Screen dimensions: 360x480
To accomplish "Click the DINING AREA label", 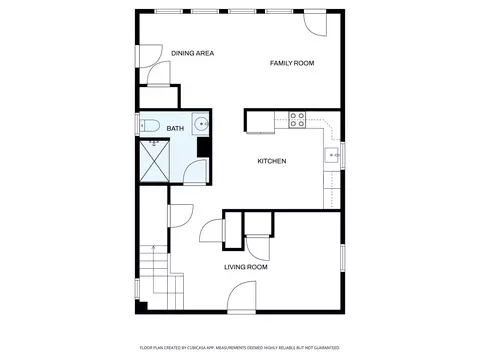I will [193, 53].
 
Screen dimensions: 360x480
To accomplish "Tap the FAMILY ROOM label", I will [292, 63].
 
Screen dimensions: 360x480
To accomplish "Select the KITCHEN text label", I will [272, 161].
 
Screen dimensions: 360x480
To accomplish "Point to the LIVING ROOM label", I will [245, 267].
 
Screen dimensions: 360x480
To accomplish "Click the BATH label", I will [175, 128].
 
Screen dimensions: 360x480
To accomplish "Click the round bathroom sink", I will [201, 125].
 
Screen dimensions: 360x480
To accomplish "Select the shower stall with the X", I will [156, 160].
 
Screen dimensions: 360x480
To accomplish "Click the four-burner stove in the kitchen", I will [297, 120].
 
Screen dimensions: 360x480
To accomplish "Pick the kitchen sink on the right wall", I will [332, 155].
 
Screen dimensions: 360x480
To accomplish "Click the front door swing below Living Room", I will [242, 296].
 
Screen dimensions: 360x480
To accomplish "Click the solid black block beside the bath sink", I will [203, 147].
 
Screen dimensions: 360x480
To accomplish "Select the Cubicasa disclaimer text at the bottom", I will [239, 347].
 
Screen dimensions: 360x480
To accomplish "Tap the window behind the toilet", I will [137, 125].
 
